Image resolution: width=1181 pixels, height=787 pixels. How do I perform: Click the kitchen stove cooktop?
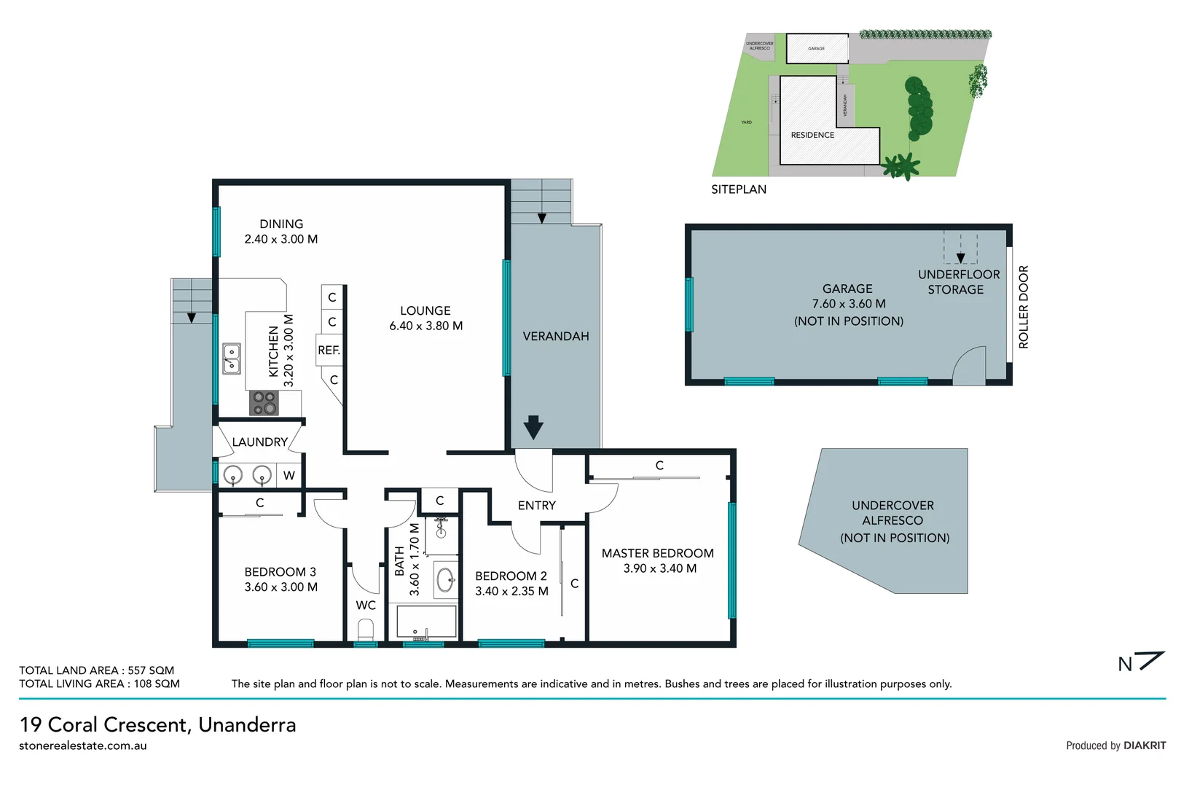[x=264, y=403]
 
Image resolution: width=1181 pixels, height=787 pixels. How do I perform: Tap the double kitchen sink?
[x=232, y=359]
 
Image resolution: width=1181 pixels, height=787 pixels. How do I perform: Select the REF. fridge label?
[x=329, y=351]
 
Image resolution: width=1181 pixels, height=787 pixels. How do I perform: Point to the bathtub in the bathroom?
[x=426, y=622]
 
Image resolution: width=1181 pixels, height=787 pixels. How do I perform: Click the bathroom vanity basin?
[x=445, y=581]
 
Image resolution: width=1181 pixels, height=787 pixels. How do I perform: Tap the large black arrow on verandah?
[x=533, y=427]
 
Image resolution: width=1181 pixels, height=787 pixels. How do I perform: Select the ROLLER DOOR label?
[x=1024, y=307]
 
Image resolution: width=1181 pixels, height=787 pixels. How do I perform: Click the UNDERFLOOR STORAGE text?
[x=959, y=282]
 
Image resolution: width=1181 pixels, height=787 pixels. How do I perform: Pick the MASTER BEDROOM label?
[x=657, y=553]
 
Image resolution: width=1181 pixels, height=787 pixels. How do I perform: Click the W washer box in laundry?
[x=289, y=476]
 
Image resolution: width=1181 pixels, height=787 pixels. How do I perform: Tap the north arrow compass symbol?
[x=1142, y=662]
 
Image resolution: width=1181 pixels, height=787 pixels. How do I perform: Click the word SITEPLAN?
[x=739, y=189]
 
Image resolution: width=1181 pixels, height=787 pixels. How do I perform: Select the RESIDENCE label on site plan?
[x=812, y=135]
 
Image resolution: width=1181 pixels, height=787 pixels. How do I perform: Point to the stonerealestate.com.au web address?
[x=83, y=745]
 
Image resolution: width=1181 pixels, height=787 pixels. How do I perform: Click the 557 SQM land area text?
[x=151, y=670]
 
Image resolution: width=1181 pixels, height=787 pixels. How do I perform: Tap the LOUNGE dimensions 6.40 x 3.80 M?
[x=425, y=326]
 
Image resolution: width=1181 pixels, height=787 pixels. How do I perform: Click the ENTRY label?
[x=536, y=505]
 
